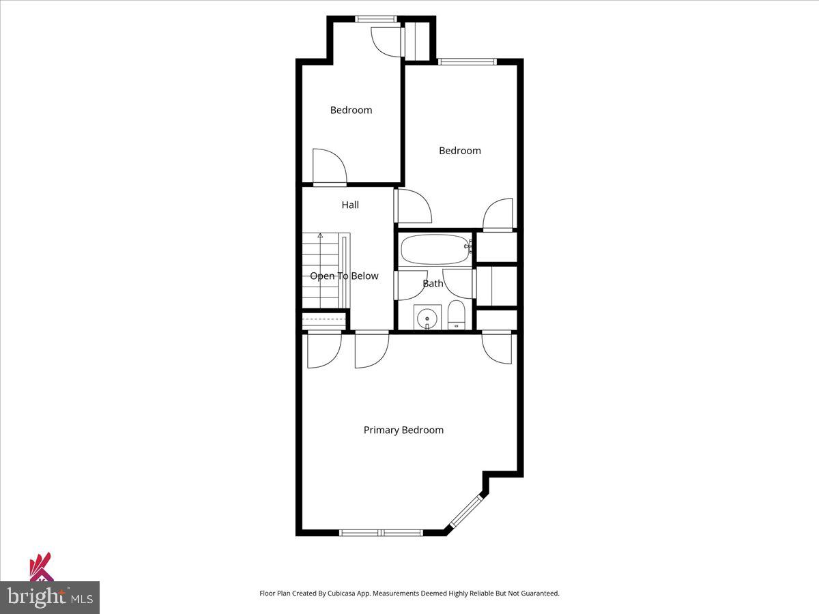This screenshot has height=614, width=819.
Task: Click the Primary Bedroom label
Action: tap(403, 430)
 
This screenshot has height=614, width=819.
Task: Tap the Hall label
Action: tap(350, 205)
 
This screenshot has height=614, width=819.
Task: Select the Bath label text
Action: tap(433, 283)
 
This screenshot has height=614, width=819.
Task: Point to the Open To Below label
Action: tap(344, 276)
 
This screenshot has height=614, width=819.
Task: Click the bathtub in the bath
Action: tap(435, 249)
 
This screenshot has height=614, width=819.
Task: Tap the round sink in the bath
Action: tap(427, 317)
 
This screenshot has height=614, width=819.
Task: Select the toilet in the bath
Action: tap(457, 315)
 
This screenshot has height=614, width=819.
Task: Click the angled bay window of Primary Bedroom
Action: tap(466, 512)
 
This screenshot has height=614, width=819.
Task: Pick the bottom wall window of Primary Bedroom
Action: tap(381, 532)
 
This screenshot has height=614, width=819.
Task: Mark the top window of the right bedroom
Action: tap(468, 62)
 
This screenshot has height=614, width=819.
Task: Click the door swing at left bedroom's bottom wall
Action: tap(330, 167)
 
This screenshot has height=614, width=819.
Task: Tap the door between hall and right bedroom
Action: tap(414, 206)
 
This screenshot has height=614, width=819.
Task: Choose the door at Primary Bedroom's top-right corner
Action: tap(497, 347)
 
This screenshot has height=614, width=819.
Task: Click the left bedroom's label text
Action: tap(351, 110)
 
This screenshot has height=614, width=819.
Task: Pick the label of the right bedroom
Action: tap(459, 151)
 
